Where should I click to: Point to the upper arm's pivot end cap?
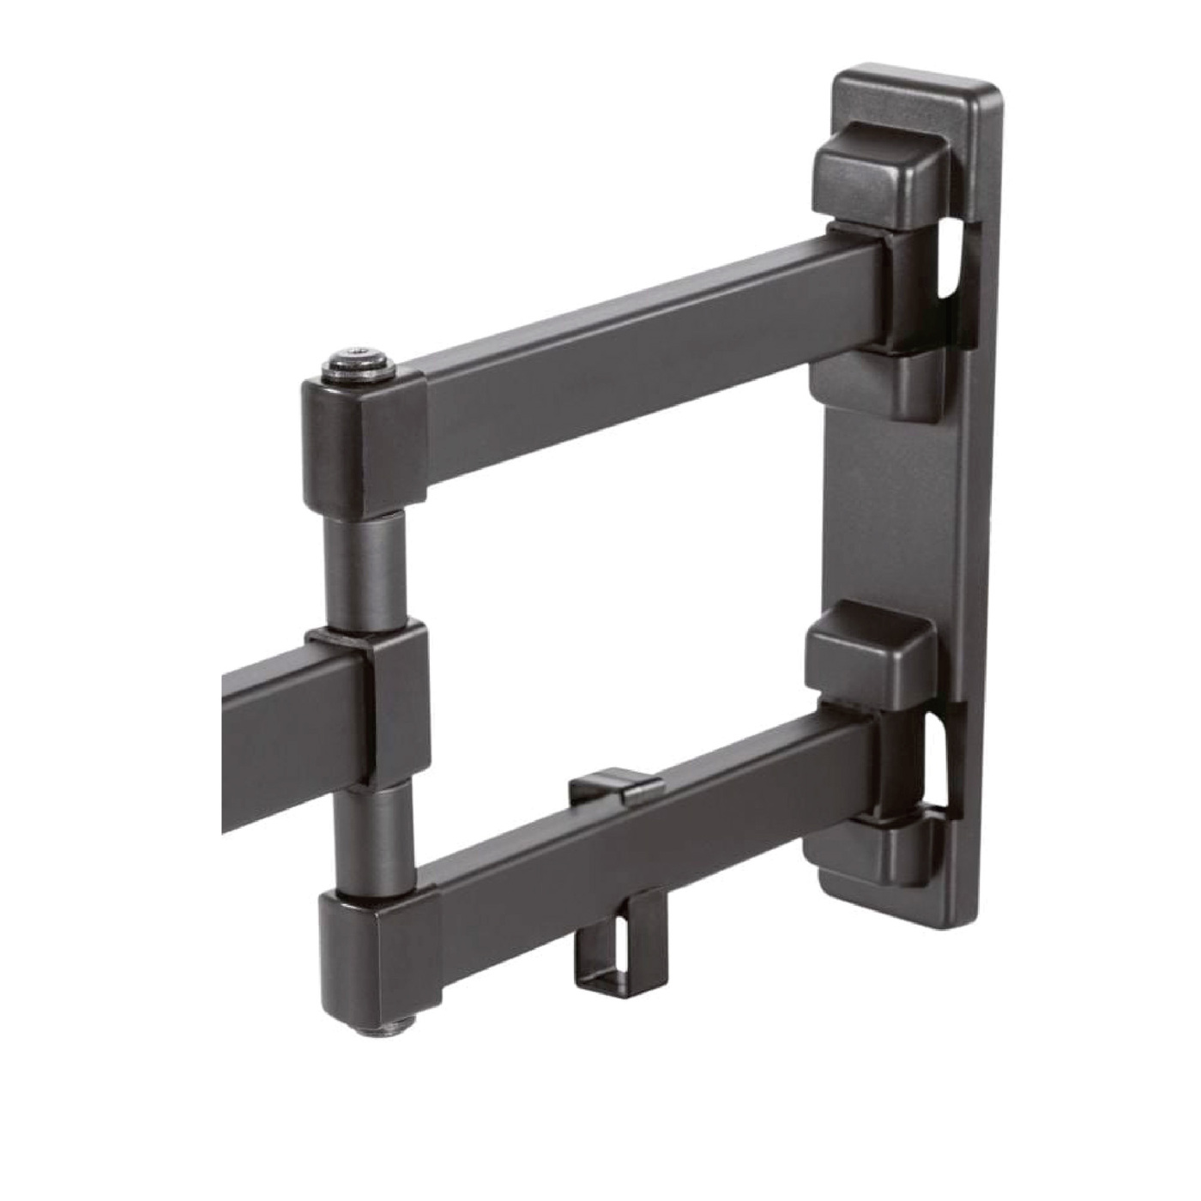[365, 446]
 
